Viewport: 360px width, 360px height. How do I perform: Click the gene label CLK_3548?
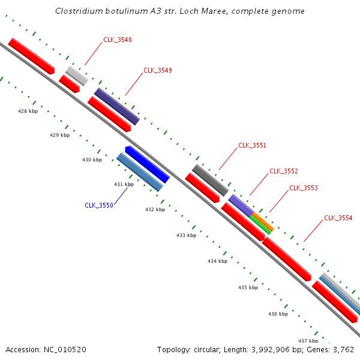[118, 40]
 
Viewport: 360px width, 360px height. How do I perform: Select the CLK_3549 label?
[158, 70]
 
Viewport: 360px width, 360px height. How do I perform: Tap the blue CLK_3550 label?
[99, 205]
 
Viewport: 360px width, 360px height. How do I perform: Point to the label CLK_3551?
[253, 145]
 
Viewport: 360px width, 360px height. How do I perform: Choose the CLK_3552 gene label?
[284, 171]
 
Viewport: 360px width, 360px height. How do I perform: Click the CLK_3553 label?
[304, 188]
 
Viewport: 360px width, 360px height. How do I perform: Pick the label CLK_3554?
[338, 218]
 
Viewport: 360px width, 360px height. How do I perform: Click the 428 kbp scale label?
[28, 111]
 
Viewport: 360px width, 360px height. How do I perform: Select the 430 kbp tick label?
[92, 160]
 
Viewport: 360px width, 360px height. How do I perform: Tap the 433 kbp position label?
[186, 235]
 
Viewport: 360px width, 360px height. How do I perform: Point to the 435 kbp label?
[248, 287]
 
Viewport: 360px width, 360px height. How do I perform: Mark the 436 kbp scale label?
[278, 314]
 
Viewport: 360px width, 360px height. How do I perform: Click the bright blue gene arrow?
[148, 164]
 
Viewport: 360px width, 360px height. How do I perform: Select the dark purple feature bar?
[117, 106]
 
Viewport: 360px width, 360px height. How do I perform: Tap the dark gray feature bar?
[211, 180]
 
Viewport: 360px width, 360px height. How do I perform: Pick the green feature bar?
[260, 225]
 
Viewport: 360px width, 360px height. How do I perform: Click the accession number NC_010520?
[65, 350]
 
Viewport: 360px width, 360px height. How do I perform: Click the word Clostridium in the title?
[79, 11]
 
